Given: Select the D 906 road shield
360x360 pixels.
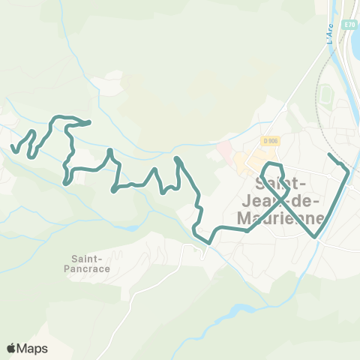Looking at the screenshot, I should pos(271,141).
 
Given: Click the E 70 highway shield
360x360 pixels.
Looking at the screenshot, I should pos(349,25).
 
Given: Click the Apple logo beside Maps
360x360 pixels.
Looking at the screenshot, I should pos(12,348).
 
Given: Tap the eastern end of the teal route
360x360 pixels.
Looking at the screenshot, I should pos(331,154).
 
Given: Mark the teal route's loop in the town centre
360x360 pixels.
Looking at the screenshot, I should pos(274,177).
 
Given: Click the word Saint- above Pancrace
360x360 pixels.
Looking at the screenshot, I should pos(83,256).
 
